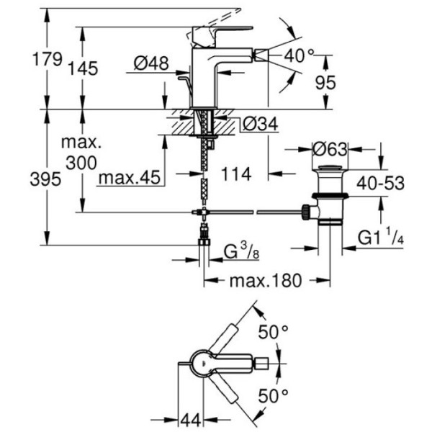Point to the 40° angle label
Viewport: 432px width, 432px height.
click(x=300, y=54)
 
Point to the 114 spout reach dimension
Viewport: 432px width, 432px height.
click(x=236, y=174)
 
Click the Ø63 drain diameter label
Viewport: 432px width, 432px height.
click(x=330, y=149)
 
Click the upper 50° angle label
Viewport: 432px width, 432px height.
click(x=274, y=332)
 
